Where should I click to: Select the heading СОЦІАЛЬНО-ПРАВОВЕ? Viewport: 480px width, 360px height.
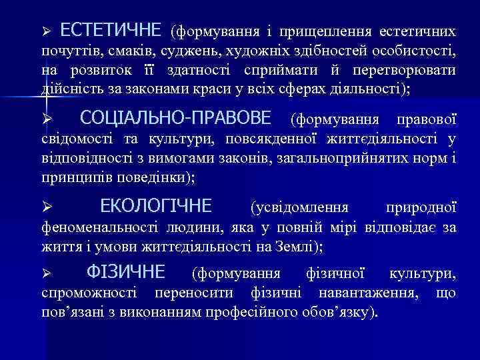click(175, 119)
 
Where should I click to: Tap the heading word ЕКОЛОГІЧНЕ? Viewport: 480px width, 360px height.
click(156, 205)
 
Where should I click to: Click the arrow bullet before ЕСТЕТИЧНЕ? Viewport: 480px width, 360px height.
click(46, 31)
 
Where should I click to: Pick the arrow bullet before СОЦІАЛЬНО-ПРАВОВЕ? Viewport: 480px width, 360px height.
click(46, 120)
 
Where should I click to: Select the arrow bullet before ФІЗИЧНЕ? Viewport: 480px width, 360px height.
click(46, 273)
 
